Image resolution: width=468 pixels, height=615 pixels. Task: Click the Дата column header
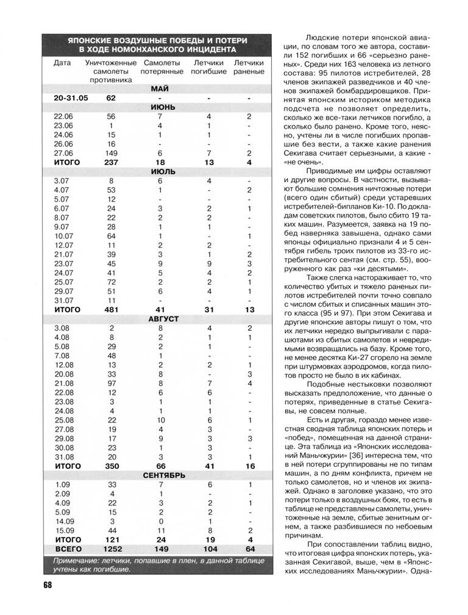click(62, 63)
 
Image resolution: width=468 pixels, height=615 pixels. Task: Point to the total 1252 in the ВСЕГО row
click(112, 549)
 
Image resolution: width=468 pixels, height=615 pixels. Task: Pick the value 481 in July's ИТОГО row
click(112, 310)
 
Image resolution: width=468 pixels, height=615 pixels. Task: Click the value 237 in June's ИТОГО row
click(112, 163)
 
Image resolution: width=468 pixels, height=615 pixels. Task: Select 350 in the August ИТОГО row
click(112, 466)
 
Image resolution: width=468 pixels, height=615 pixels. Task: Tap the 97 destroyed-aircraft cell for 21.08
click(112, 383)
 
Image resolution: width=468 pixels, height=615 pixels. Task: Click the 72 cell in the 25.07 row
click(112, 282)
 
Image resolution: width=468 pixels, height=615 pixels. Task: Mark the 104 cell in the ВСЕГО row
click(208, 549)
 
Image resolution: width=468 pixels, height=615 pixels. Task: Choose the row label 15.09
click(63, 531)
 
